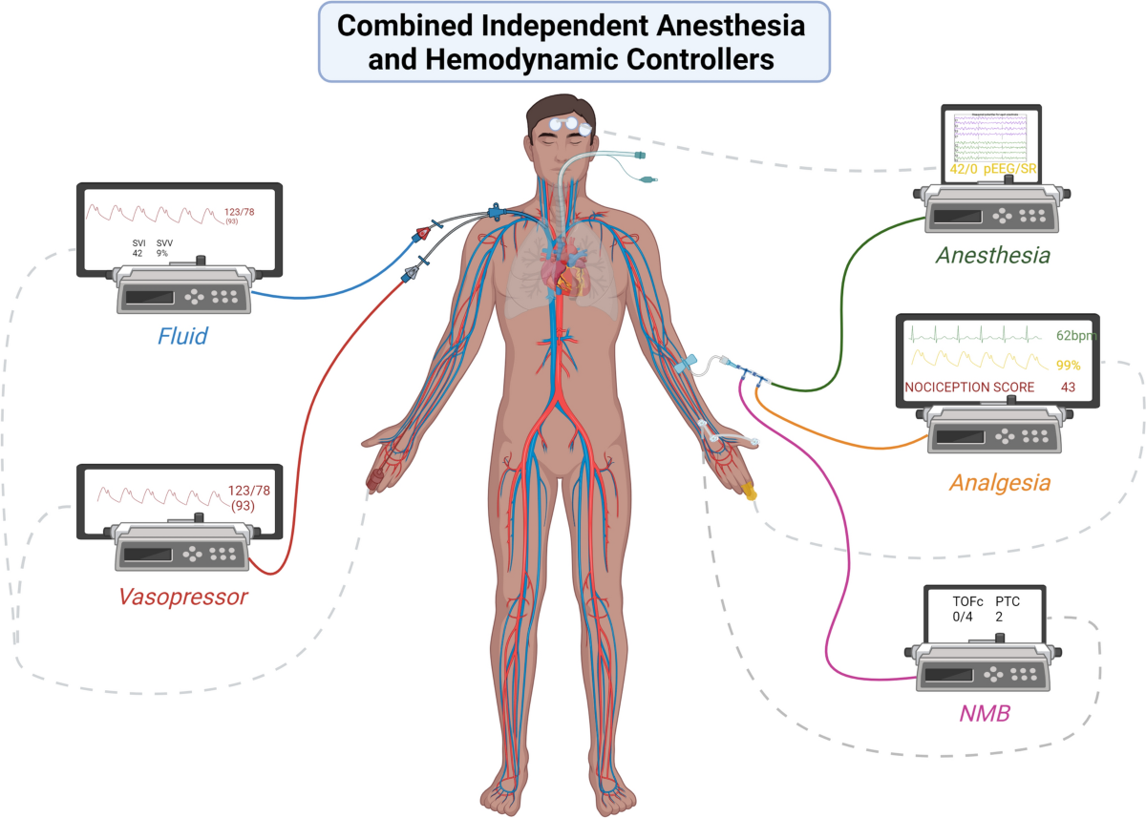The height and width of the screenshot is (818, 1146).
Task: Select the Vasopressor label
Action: pos(182,598)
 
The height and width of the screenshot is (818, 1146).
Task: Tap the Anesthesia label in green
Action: pos(992,256)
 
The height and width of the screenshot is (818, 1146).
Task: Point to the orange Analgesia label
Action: pos(999,483)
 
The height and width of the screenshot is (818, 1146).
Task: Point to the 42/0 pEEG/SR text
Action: pos(992,171)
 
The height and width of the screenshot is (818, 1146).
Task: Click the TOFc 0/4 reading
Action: pos(968,610)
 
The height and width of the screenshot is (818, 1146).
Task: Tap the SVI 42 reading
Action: pos(138,248)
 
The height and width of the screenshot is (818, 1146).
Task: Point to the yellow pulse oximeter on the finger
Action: pos(749,493)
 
